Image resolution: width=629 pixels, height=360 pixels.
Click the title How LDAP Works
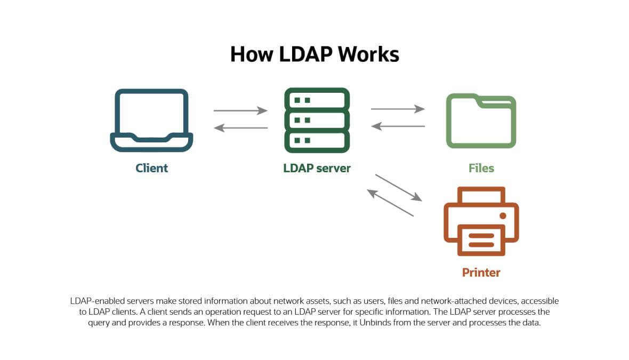(314, 54)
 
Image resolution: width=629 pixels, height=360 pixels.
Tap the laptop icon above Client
(151, 121)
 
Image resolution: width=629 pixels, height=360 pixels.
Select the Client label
(151, 169)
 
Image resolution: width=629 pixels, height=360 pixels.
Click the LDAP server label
(317, 169)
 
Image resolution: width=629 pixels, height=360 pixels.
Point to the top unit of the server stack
(317, 100)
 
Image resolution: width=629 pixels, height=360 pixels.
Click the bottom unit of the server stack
(317, 140)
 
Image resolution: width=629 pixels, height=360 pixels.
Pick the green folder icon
(481, 121)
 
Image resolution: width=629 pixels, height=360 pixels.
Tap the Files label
(481, 169)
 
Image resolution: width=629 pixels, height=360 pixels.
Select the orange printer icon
(481, 221)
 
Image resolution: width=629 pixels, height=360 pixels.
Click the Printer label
(481, 273)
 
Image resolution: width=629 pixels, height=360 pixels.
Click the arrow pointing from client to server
(240, 111)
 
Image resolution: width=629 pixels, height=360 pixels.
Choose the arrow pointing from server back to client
(240, 128)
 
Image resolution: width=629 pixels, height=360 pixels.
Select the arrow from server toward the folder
(398, 109)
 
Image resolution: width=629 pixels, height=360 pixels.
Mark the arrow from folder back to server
(398, 126)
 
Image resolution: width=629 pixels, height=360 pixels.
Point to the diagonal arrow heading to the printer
(399, 188)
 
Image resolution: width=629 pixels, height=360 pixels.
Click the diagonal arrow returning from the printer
(390, 203)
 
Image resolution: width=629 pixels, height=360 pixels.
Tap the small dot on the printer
(502, 215)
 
